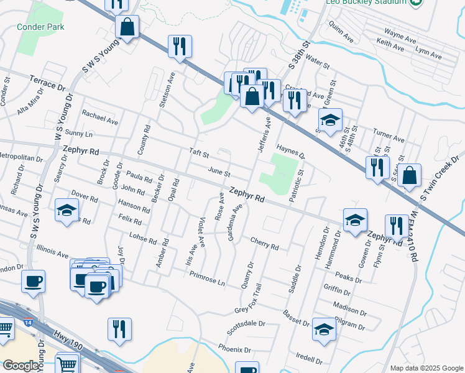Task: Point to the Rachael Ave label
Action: click(99, 116)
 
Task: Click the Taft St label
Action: click(199, 153)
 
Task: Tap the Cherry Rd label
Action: click(264, 243)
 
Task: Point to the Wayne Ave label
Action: click(400, 34)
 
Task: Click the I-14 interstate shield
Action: click(29, 322)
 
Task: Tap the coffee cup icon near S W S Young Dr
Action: click(34, 280)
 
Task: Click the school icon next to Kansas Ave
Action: click(67, 210)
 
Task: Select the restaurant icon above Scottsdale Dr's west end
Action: click(119, 329)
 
